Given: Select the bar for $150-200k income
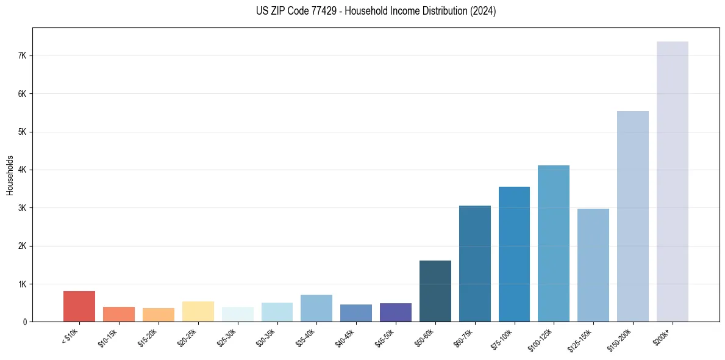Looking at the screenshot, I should [x=632, y=216].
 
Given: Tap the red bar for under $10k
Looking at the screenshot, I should [x=79, y=306].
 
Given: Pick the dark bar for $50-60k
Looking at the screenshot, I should [x=435, y=291].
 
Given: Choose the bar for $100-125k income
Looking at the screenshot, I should [x=554, y=243].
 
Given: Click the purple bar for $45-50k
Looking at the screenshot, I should [x=396, y=312].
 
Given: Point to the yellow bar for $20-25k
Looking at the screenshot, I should [x=198, y=311].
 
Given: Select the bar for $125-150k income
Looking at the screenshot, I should [x=593, y=265].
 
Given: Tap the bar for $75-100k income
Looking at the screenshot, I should [x=514, y=254].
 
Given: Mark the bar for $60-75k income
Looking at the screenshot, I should [x=474, y=264].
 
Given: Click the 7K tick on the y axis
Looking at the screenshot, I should [x=22, y=56].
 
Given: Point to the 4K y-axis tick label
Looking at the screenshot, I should [x=22, y=170].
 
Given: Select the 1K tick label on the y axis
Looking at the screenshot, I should [x=22, y=284].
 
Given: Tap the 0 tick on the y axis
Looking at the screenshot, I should [x=24, y=322].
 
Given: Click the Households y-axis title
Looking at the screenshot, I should [x=10, y=175].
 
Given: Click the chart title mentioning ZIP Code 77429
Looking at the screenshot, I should [x=376, y=11].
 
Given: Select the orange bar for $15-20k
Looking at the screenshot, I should [x=159, y=315].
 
